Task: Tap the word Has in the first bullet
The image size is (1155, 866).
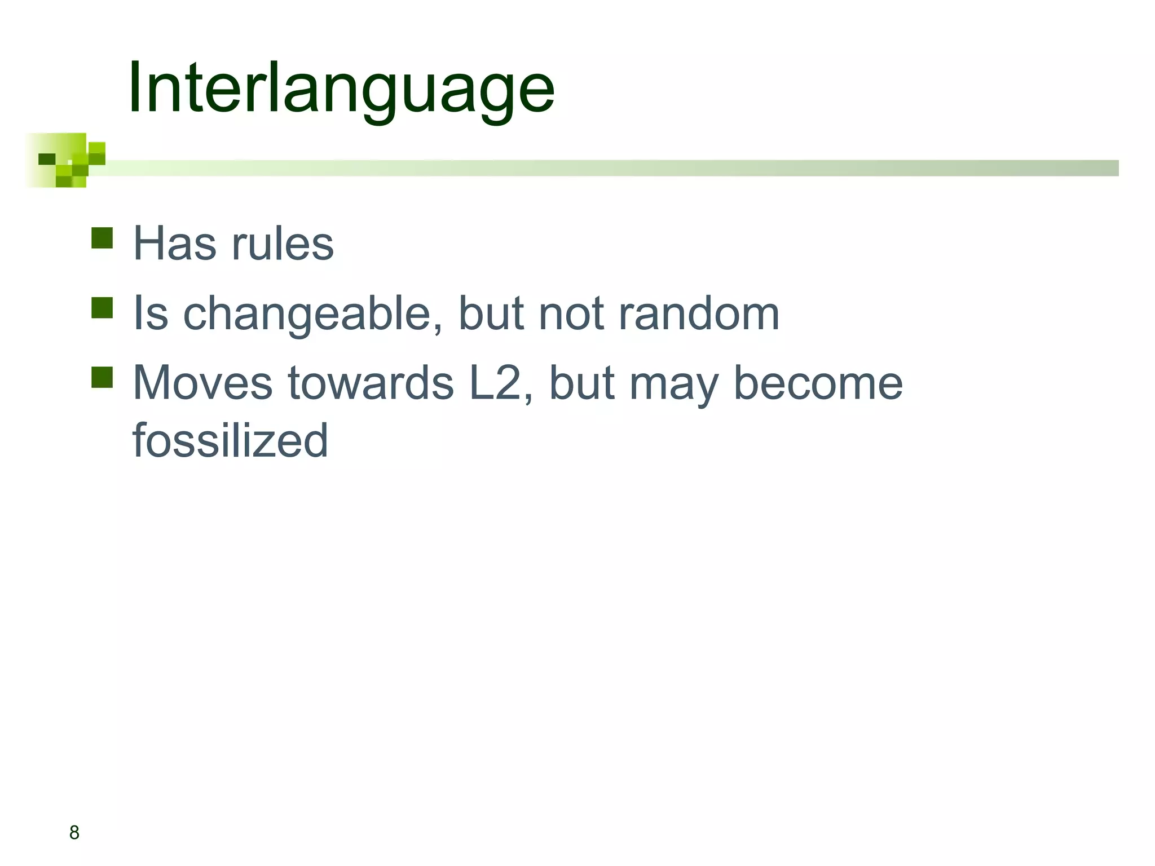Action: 174,244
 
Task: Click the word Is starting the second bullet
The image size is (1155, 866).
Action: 151,313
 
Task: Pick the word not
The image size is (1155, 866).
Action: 572,313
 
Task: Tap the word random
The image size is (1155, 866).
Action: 699,313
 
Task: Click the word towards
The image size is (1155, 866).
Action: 371,383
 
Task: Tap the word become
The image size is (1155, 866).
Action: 818,383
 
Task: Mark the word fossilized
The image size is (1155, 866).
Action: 230,440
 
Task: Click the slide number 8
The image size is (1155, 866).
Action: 74,833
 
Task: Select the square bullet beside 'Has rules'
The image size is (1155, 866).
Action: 102,238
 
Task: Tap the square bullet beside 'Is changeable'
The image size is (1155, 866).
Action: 102,308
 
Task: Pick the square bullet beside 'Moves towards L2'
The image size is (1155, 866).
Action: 102,378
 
